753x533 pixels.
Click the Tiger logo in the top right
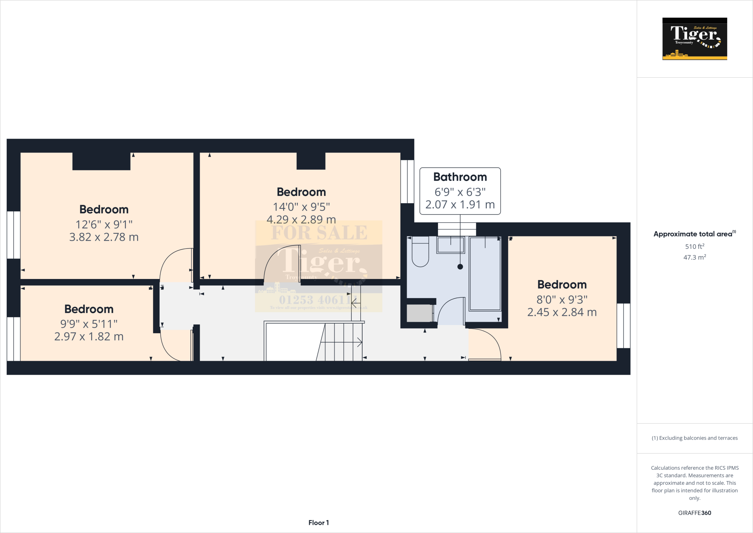695,39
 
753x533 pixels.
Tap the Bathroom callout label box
460,191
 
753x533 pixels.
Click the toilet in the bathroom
420,253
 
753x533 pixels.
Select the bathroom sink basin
450,245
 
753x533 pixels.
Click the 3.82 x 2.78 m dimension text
104,237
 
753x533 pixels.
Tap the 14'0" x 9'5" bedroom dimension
301,207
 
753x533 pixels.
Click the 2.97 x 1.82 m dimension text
89,336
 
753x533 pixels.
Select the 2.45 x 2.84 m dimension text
562,312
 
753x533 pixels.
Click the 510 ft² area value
695,246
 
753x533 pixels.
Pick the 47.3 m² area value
695,257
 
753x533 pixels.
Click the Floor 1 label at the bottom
318,523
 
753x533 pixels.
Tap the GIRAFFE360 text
695,513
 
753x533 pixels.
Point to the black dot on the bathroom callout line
460,267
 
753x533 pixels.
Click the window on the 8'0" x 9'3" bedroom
623,326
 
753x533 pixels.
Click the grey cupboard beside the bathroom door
420,314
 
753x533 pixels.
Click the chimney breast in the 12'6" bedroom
101,161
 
